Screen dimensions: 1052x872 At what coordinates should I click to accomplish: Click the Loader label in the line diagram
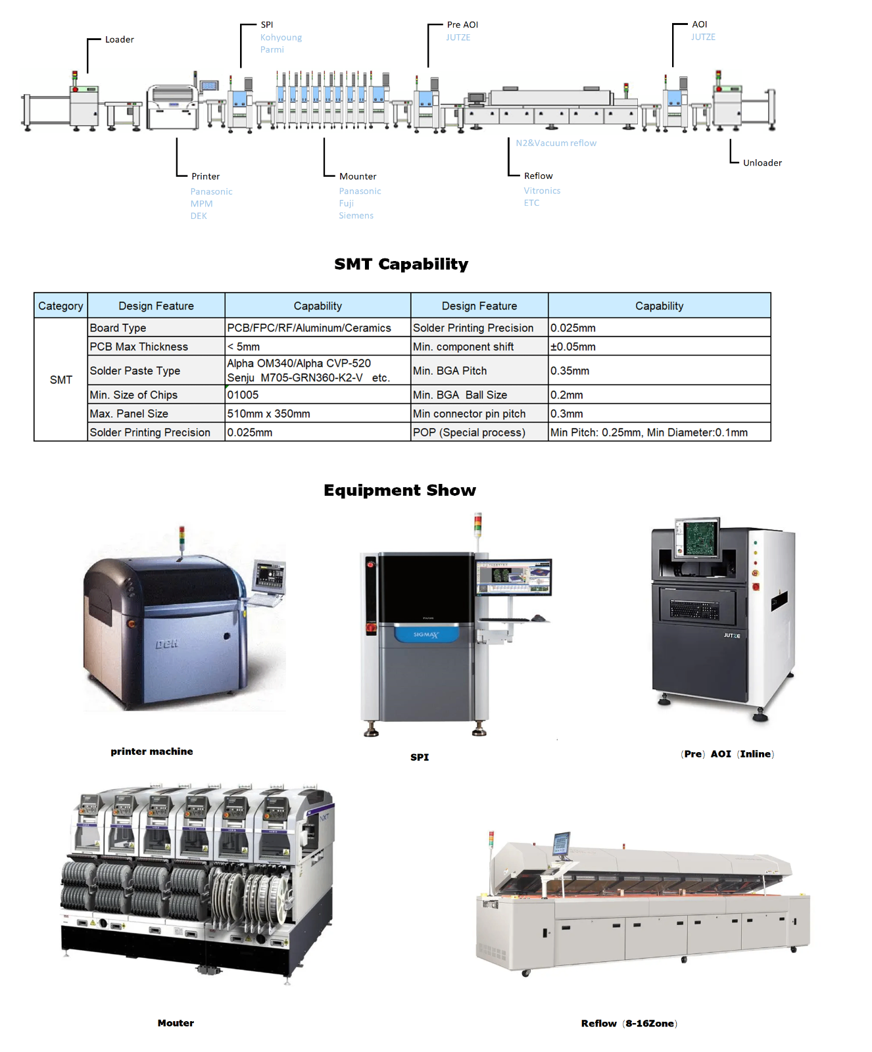pos(119,39)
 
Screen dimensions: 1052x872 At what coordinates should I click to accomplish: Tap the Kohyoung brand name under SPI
pos(281,37)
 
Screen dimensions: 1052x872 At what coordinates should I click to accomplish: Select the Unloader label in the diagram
pos(762,163)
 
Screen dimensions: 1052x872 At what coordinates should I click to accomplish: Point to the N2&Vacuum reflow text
pos(556,143)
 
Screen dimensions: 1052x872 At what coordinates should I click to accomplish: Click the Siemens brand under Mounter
pos(356,216)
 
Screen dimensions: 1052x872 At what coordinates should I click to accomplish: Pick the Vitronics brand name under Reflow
pos(542,191)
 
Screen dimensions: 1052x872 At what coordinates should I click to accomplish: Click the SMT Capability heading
pos(401,264)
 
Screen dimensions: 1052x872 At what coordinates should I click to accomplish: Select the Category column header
pos(61,306)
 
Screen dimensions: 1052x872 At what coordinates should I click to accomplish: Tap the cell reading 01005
pos(243,394)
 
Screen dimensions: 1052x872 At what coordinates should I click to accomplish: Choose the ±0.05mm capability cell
pos(573,347)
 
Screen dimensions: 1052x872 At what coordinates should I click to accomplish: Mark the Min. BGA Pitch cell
pos(450,371)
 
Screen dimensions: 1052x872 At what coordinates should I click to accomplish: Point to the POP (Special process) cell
pos(469,432)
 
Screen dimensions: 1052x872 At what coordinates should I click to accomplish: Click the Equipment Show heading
pos(400,490)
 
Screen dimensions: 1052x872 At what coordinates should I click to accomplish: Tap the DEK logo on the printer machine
pos(166,644)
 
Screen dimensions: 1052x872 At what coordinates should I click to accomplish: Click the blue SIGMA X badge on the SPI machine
pos(425,634)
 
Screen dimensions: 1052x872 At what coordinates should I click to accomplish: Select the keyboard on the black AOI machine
pos(694,610)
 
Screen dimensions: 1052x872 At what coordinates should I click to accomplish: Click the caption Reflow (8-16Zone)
pos(629,1023)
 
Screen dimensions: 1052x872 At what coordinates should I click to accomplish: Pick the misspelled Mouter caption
pos(176,1023)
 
